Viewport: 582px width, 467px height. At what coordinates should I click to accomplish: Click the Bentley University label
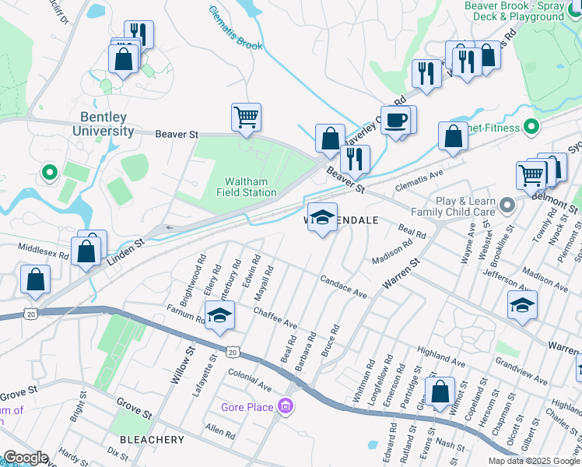tap(103, 124)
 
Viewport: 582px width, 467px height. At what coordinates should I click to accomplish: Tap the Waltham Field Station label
tap(247, 186)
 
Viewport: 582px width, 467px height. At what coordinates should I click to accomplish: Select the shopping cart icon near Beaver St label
tap(246, 118)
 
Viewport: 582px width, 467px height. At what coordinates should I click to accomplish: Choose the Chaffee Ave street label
tap(275, 317)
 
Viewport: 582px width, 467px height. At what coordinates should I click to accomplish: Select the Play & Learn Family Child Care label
tap(465, 206)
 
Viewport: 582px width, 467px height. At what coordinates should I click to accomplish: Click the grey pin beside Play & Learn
tap(508, 205)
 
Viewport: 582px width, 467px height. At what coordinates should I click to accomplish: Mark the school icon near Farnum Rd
tap(219, 316)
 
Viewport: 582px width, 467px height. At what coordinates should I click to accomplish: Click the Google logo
tap(25, 458)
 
